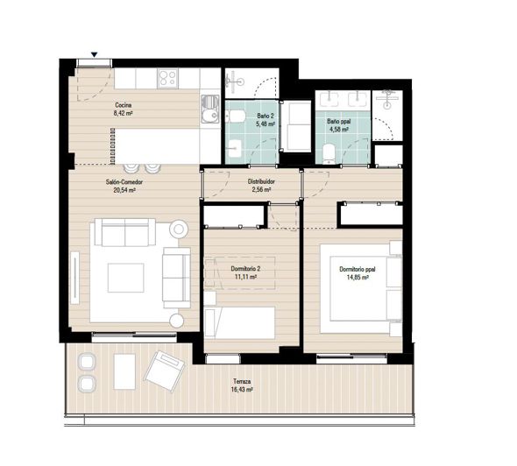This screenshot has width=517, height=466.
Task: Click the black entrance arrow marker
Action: click(94, 54)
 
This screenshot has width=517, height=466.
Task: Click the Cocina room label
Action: click(123, 105)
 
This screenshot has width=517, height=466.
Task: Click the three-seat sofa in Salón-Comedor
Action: click(124, 234)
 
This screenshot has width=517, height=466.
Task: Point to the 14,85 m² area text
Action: click(354, 277)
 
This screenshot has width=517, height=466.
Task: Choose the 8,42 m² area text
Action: click(123, 113)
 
